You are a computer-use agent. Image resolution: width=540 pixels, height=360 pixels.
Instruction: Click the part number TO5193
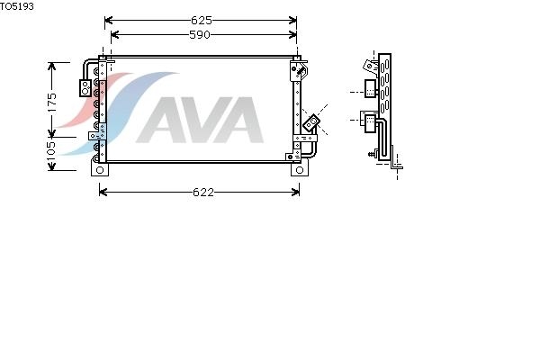[x=16, y=6]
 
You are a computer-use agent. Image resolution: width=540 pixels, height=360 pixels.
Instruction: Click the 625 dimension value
[x=201, y=21]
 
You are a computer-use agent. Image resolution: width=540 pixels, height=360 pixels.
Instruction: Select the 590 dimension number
[x=200, y=35]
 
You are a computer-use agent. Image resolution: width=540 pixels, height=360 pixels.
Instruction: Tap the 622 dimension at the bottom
[x=203, y=192]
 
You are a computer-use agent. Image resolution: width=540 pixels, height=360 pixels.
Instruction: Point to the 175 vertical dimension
[x=51, y=102]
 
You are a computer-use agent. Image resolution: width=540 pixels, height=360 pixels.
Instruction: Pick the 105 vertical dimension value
[x=51, y=151]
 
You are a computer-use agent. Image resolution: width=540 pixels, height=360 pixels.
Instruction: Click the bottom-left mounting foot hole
[x=100, y=170]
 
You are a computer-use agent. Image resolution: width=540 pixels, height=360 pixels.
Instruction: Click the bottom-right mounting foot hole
[x=300, y=170]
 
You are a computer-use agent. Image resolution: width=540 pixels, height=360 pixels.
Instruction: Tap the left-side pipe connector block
[x=85, y=88]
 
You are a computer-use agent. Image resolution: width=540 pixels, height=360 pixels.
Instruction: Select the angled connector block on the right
[x=311, y=122]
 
